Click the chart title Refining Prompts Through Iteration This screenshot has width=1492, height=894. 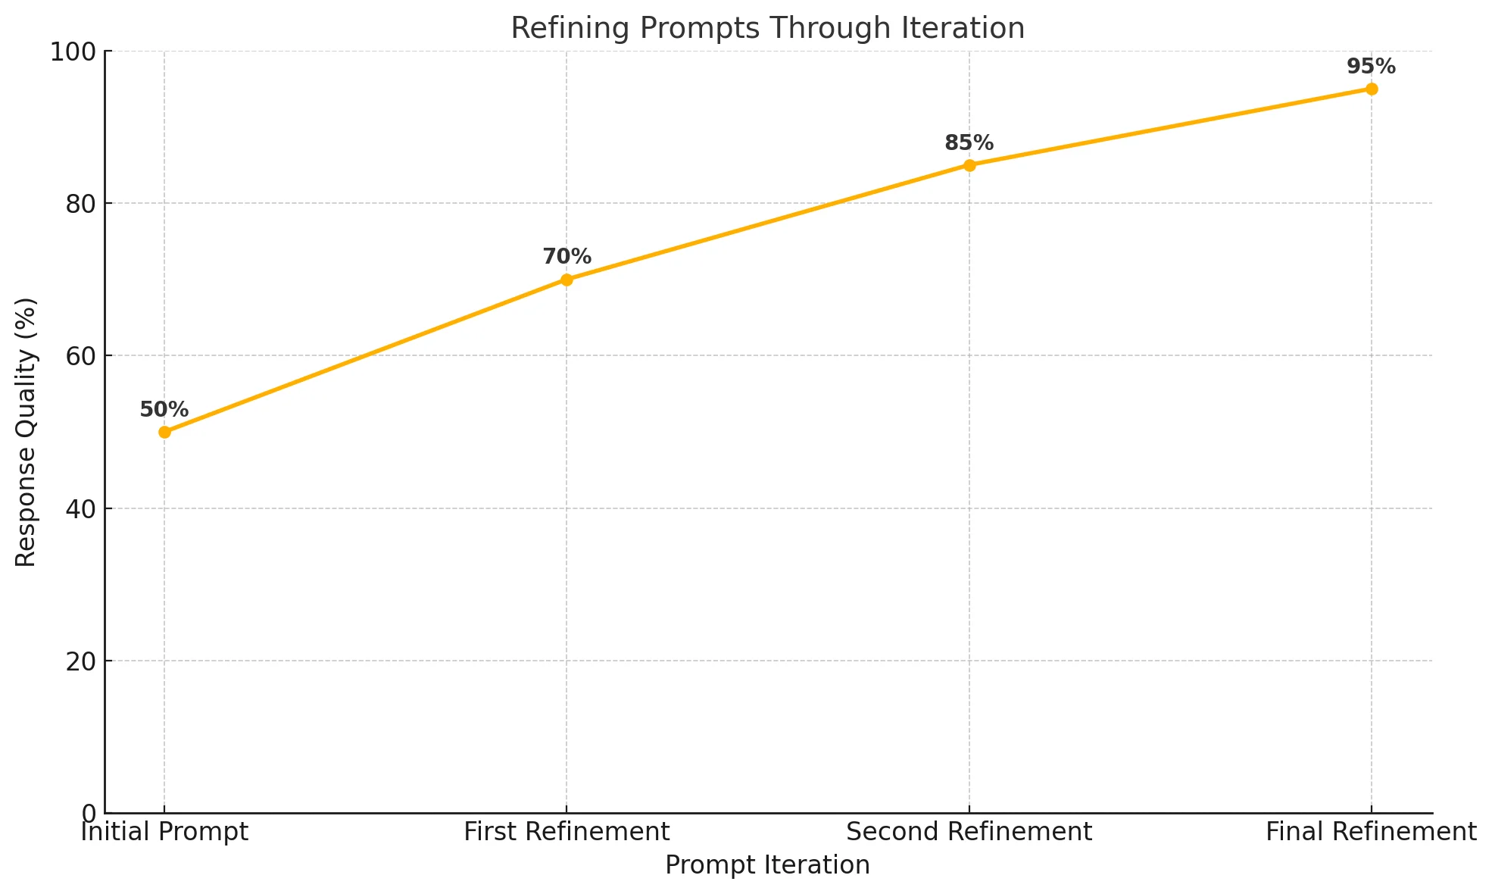point(767,28)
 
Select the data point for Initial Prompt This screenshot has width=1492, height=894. point(164,432)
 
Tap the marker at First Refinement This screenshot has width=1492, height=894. point(567,280)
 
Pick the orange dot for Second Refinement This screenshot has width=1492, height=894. point(969,165)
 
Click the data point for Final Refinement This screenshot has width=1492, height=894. point(1372,89)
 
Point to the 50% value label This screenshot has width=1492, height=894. point(164,410)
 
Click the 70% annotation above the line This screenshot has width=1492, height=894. point(567,257)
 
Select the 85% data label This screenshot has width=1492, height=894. point(969,142)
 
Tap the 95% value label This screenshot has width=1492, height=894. point(1372,67)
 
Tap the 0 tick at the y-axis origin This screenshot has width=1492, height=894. point(89,814)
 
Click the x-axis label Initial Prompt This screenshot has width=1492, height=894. point(164,832)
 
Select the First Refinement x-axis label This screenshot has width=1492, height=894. point(567,832)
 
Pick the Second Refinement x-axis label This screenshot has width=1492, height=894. point(969,832)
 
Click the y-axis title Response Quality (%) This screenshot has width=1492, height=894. point(27,432)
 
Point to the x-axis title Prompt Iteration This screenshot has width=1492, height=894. point(767,865)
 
